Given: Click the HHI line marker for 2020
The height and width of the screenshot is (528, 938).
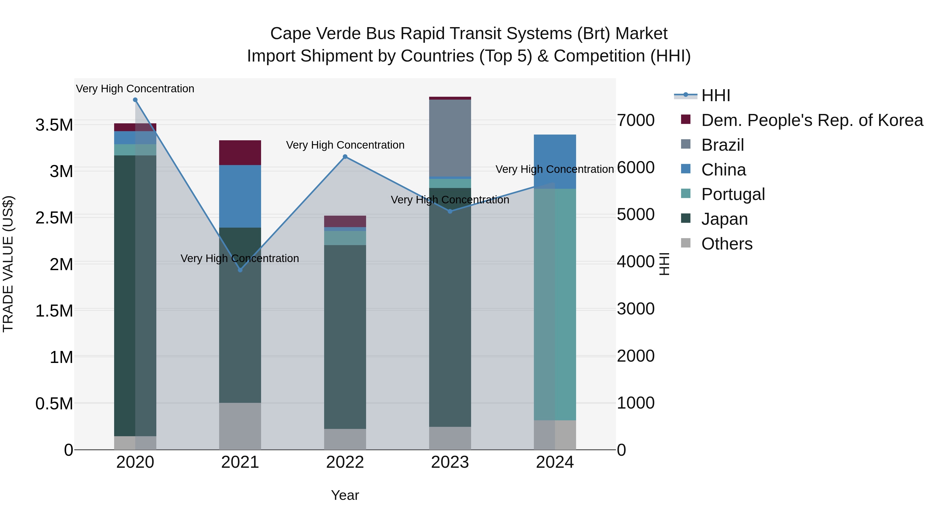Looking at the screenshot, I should click(x=135, y=100).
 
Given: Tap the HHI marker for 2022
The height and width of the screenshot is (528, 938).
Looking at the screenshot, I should click(x=345, y=157).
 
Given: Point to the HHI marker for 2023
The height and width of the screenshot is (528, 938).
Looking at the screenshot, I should click(x=450, y=211).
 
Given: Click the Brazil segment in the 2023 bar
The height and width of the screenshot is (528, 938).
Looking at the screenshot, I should click(x=450, y=138).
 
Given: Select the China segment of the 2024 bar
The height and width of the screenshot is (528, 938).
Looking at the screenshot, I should click(x=555, y=161).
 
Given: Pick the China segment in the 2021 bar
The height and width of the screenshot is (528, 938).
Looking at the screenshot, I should click(x=240, y=196).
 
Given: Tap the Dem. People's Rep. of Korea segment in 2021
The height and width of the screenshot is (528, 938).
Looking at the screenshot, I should click(x=240, y=153).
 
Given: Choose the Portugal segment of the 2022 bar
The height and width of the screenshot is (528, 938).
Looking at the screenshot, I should click(x=345, y=238).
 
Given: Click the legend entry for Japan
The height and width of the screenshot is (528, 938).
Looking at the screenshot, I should click(x=724, y=219).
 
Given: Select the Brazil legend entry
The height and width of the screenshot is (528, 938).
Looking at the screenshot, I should click(x=723, y=145).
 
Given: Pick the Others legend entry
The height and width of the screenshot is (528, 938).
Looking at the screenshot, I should click(x=726, y=244).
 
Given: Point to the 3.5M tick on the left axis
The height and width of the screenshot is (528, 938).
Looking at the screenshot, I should click(x=54, y=125).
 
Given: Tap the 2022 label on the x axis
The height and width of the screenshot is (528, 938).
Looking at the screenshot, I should click(x=345, y=462).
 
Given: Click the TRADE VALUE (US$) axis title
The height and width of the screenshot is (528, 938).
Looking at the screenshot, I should click(x=8, y=264).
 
